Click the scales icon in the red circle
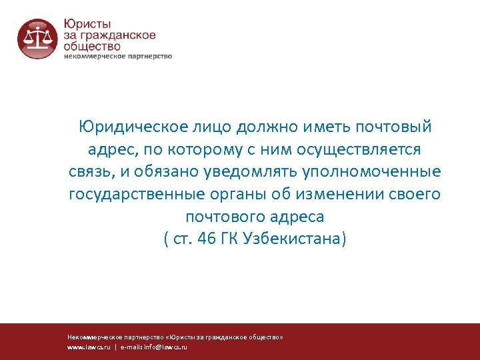click(37, 38)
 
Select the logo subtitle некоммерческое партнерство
click(118, 57)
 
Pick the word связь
click(92, 172)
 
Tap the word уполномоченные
click(372, 172)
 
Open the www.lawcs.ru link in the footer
click(89, 347)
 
